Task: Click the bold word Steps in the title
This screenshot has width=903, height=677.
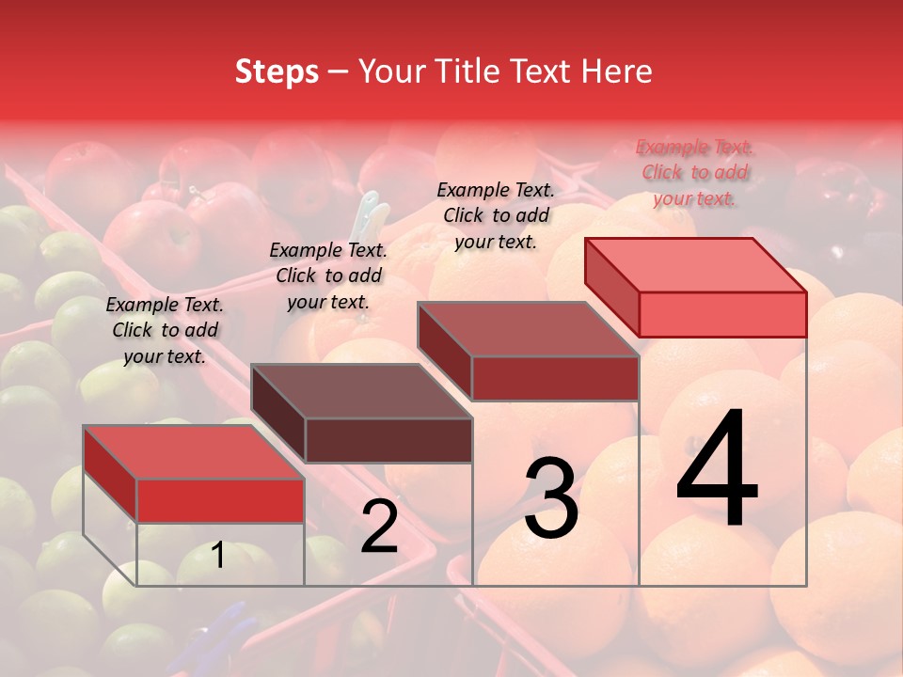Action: click(277, 71)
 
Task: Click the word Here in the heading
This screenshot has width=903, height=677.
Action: click(617, 71)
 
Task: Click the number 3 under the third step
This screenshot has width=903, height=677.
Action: click(551, 497)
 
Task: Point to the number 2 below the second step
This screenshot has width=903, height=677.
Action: click(379, 527)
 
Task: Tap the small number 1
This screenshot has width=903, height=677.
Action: click(218, 555)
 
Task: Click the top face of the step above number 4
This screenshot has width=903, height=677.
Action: click(695, 265)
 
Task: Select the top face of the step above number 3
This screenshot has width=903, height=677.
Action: click(528, 329)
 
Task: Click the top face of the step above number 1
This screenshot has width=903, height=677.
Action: click(194, 452)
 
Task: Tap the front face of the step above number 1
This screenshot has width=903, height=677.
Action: click(220, 500)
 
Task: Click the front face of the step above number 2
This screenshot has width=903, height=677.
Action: click(388, 440)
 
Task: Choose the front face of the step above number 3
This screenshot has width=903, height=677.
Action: click(555, 378)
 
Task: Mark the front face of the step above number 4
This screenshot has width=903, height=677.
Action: click(722, 314)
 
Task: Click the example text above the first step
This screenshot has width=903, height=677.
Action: click(165, 330)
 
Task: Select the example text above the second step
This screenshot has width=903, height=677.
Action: click(328, 276)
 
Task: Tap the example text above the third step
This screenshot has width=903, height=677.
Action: click(496, 215)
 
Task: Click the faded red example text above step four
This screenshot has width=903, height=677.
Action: click(694, 172)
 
